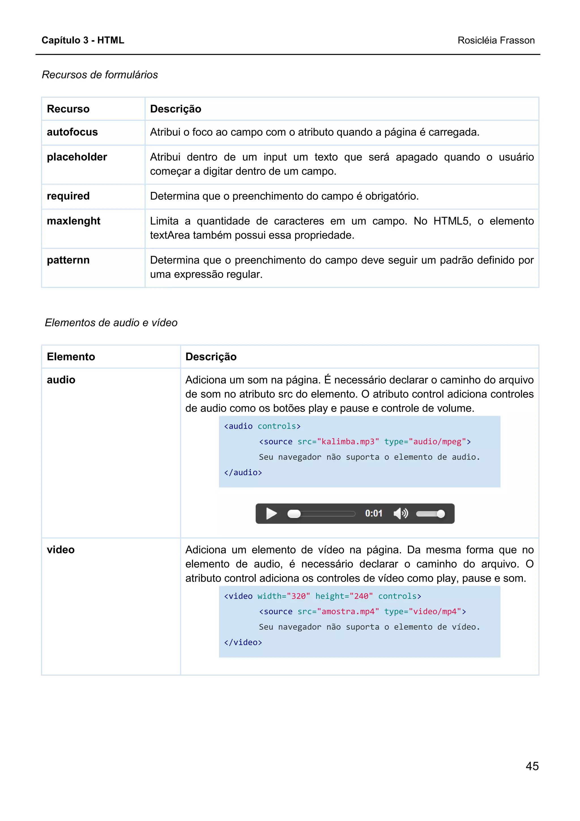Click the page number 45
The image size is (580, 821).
point(532,766)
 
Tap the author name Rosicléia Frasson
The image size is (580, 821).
point(496,41)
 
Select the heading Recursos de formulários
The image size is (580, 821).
point(100,75)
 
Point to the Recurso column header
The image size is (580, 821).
point(68,109)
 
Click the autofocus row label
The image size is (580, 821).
point(72,132)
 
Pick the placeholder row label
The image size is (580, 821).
point(77,157)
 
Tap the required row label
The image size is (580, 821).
point(68,196)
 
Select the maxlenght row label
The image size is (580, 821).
point(74,221)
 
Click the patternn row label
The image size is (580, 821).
point(68,260)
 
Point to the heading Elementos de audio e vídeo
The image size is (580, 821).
point(111,322)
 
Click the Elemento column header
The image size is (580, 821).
point(71,356)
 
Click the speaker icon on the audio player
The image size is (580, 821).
point(400,514)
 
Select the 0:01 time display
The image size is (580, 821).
point(374,514)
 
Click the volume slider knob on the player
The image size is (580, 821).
point(441,514)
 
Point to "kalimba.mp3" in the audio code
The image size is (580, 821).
point(348,442)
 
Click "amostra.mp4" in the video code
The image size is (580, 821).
point(348,611)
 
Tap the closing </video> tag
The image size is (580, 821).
point(243,642)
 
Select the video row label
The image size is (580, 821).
point(61,550)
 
